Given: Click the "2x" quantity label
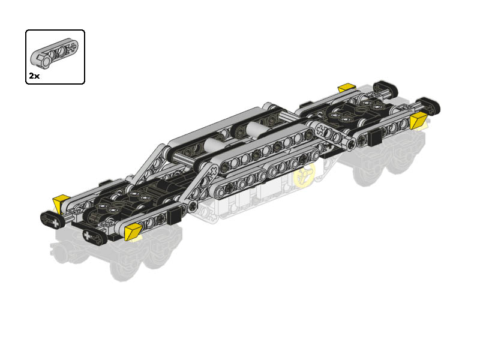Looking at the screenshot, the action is [34, 76].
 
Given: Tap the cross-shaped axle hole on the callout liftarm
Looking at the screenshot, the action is [73, 47].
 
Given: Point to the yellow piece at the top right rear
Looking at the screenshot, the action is [347, 87].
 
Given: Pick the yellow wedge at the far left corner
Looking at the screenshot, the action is [61, 203].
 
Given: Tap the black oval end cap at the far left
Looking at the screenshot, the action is [52, 220].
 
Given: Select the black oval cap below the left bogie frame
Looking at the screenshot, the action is [95, 237].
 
